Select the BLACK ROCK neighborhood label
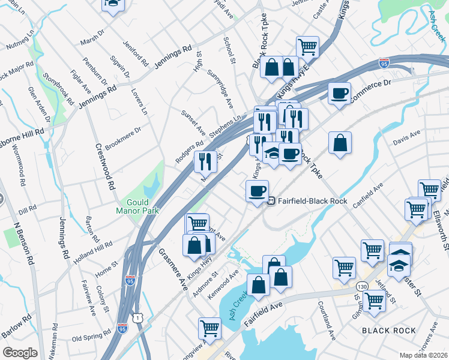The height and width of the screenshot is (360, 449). (389, 331)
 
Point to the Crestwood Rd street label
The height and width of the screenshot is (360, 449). (104, 167)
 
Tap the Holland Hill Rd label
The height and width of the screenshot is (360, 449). (93, 253)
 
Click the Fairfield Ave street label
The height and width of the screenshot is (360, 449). (263, 315)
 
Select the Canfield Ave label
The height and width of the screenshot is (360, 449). (367, 196)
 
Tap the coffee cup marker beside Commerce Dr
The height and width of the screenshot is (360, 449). (339, 94)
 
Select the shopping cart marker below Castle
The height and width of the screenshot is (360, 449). (307, 46)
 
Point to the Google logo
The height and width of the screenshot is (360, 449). (20, 353)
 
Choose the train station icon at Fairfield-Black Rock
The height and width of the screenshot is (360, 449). (271, 201)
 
